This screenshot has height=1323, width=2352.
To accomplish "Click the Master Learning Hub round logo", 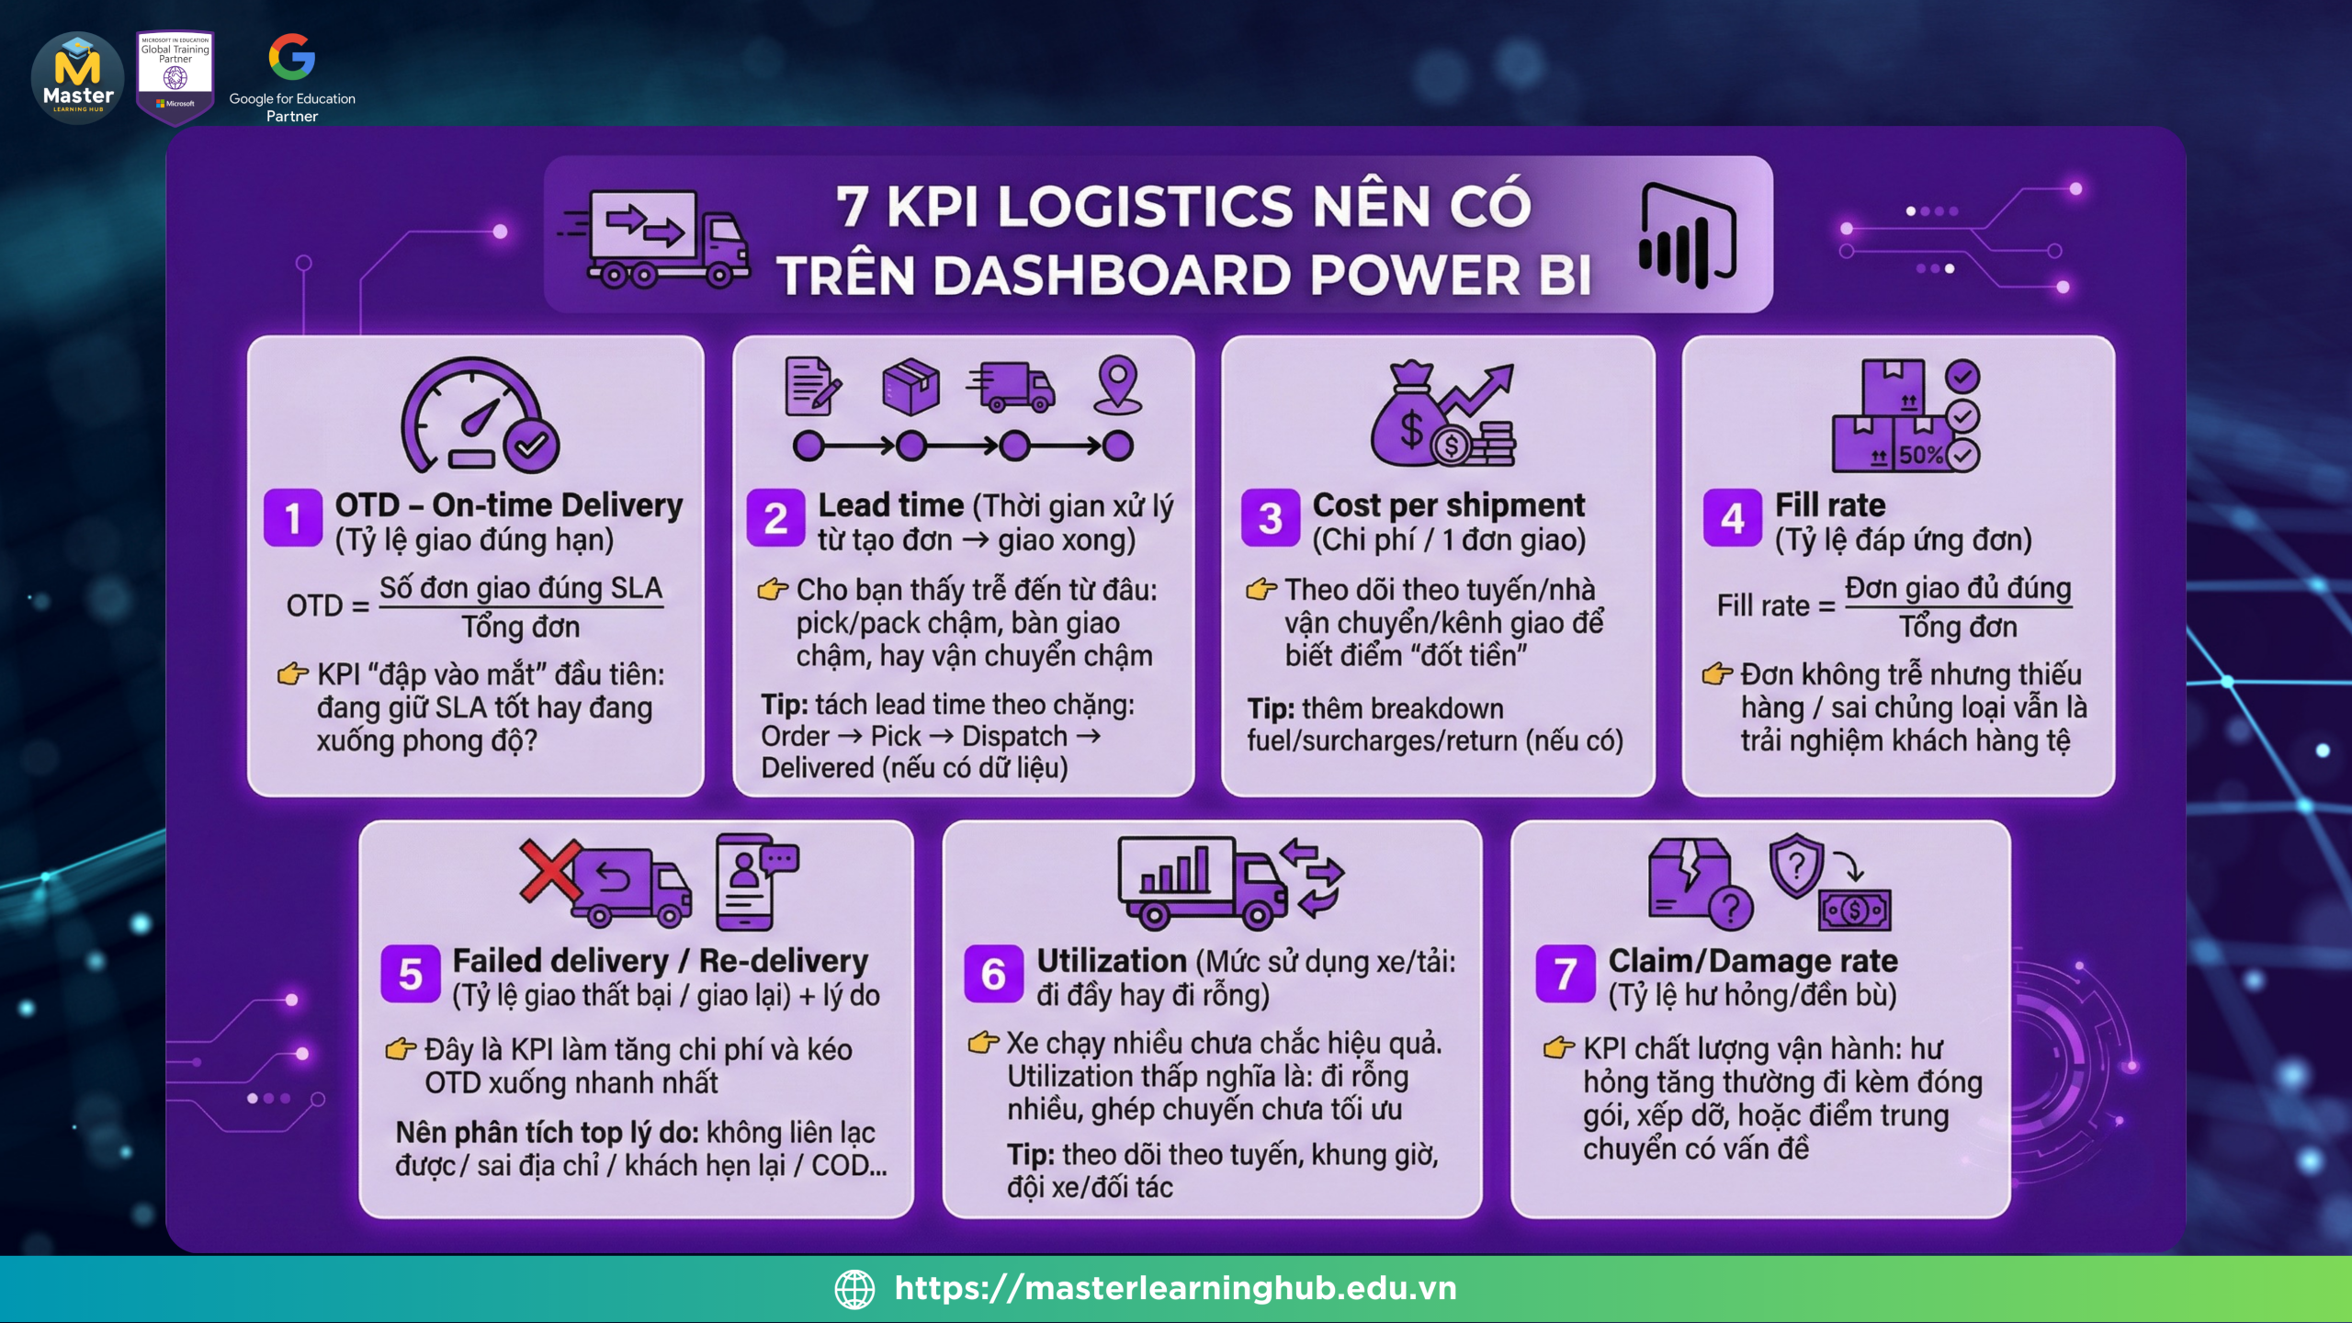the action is (x=78, y=78).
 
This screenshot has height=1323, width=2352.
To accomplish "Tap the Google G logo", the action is (x=292, y=57).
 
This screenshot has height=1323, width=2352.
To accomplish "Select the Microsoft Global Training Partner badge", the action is (x=175, y=76).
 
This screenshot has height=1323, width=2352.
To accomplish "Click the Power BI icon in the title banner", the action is (x=1688, y=235).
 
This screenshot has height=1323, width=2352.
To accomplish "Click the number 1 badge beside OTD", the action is (x=293, y=518).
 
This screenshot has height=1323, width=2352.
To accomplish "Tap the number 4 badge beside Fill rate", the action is (x=1733, y=518).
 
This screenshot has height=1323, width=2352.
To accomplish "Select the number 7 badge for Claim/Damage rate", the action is (x=1566, y=974).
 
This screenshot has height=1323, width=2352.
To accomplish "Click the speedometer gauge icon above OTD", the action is (x=479, y=415).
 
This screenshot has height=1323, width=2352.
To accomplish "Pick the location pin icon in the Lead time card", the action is (x=1117, y=384).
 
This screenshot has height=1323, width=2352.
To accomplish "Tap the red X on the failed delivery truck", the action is (x=550, y=869).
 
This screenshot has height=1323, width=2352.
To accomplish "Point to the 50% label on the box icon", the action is (x=1921, y=455).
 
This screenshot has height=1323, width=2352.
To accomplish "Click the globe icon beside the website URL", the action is (x=854, y=1288).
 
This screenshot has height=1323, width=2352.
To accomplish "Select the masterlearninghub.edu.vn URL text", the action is (x=1176, y=1288).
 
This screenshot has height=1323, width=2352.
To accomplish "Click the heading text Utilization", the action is (x=1112, y=961).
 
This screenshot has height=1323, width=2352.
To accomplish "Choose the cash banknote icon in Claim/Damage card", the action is (x=1855, y=910).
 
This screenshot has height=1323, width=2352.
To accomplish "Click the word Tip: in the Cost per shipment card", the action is (x=1272, y=709).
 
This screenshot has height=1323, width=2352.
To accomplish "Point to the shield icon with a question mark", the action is (x=1795, y=865).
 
